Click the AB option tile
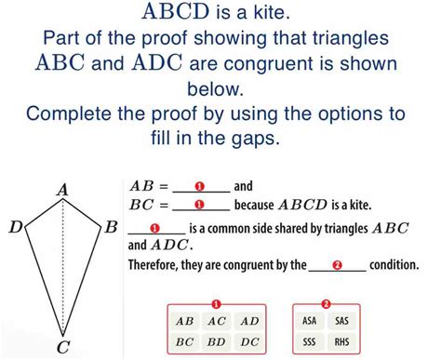[x=185, y=321]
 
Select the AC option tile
[x=217, y=321]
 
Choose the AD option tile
[x=249, y=321]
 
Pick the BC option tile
[x=185, y=342]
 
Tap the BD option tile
[x=217, y=342]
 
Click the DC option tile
[x=249, y=342]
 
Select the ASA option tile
[x=310, y=321]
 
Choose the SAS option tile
[x=342, y=321]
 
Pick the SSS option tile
[x=310, y=342]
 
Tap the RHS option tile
[x=342, y=342]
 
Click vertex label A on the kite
[x=63, y=190]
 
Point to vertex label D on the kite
[x=14, y=226]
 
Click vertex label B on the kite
[x=111, y=226]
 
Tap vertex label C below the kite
[x=62, y=348]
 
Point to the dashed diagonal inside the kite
[x=63, y=270]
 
